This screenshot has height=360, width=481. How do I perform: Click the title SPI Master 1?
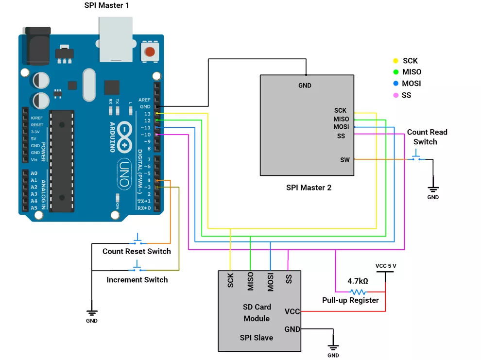(x=107, y=6)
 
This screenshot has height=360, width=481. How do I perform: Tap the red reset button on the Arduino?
(x=150, y=51)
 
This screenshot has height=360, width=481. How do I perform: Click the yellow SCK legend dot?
(x=396, y=61)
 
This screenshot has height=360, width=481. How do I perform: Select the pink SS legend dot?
(x=396, y=95)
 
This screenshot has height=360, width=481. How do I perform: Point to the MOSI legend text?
(x=411, y=84)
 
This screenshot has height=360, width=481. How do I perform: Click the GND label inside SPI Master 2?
(x=305, y=86)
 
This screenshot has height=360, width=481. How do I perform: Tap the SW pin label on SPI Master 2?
(x=344, y=160)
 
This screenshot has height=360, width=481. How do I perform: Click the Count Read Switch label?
(x=427, y=137)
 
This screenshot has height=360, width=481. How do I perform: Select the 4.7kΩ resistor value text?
(x=358, y=281)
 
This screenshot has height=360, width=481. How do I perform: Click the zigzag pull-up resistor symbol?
(x=358, y=292)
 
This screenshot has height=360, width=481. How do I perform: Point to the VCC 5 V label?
(x=386, y=266)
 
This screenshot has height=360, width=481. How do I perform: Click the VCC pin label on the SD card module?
(x=292, y=311)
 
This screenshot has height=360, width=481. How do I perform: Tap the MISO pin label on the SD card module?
(x=251, y=281)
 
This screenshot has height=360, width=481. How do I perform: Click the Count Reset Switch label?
(x=137, y=251)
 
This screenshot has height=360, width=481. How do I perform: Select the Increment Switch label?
(x=137, y=280)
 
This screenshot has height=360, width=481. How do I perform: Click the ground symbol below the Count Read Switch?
(x=433, y=189)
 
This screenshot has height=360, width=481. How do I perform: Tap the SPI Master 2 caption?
(x=309, y=188)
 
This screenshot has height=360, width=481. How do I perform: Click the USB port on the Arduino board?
(x=116, y=39)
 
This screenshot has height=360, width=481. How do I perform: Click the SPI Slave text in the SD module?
(x=256, y=338)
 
